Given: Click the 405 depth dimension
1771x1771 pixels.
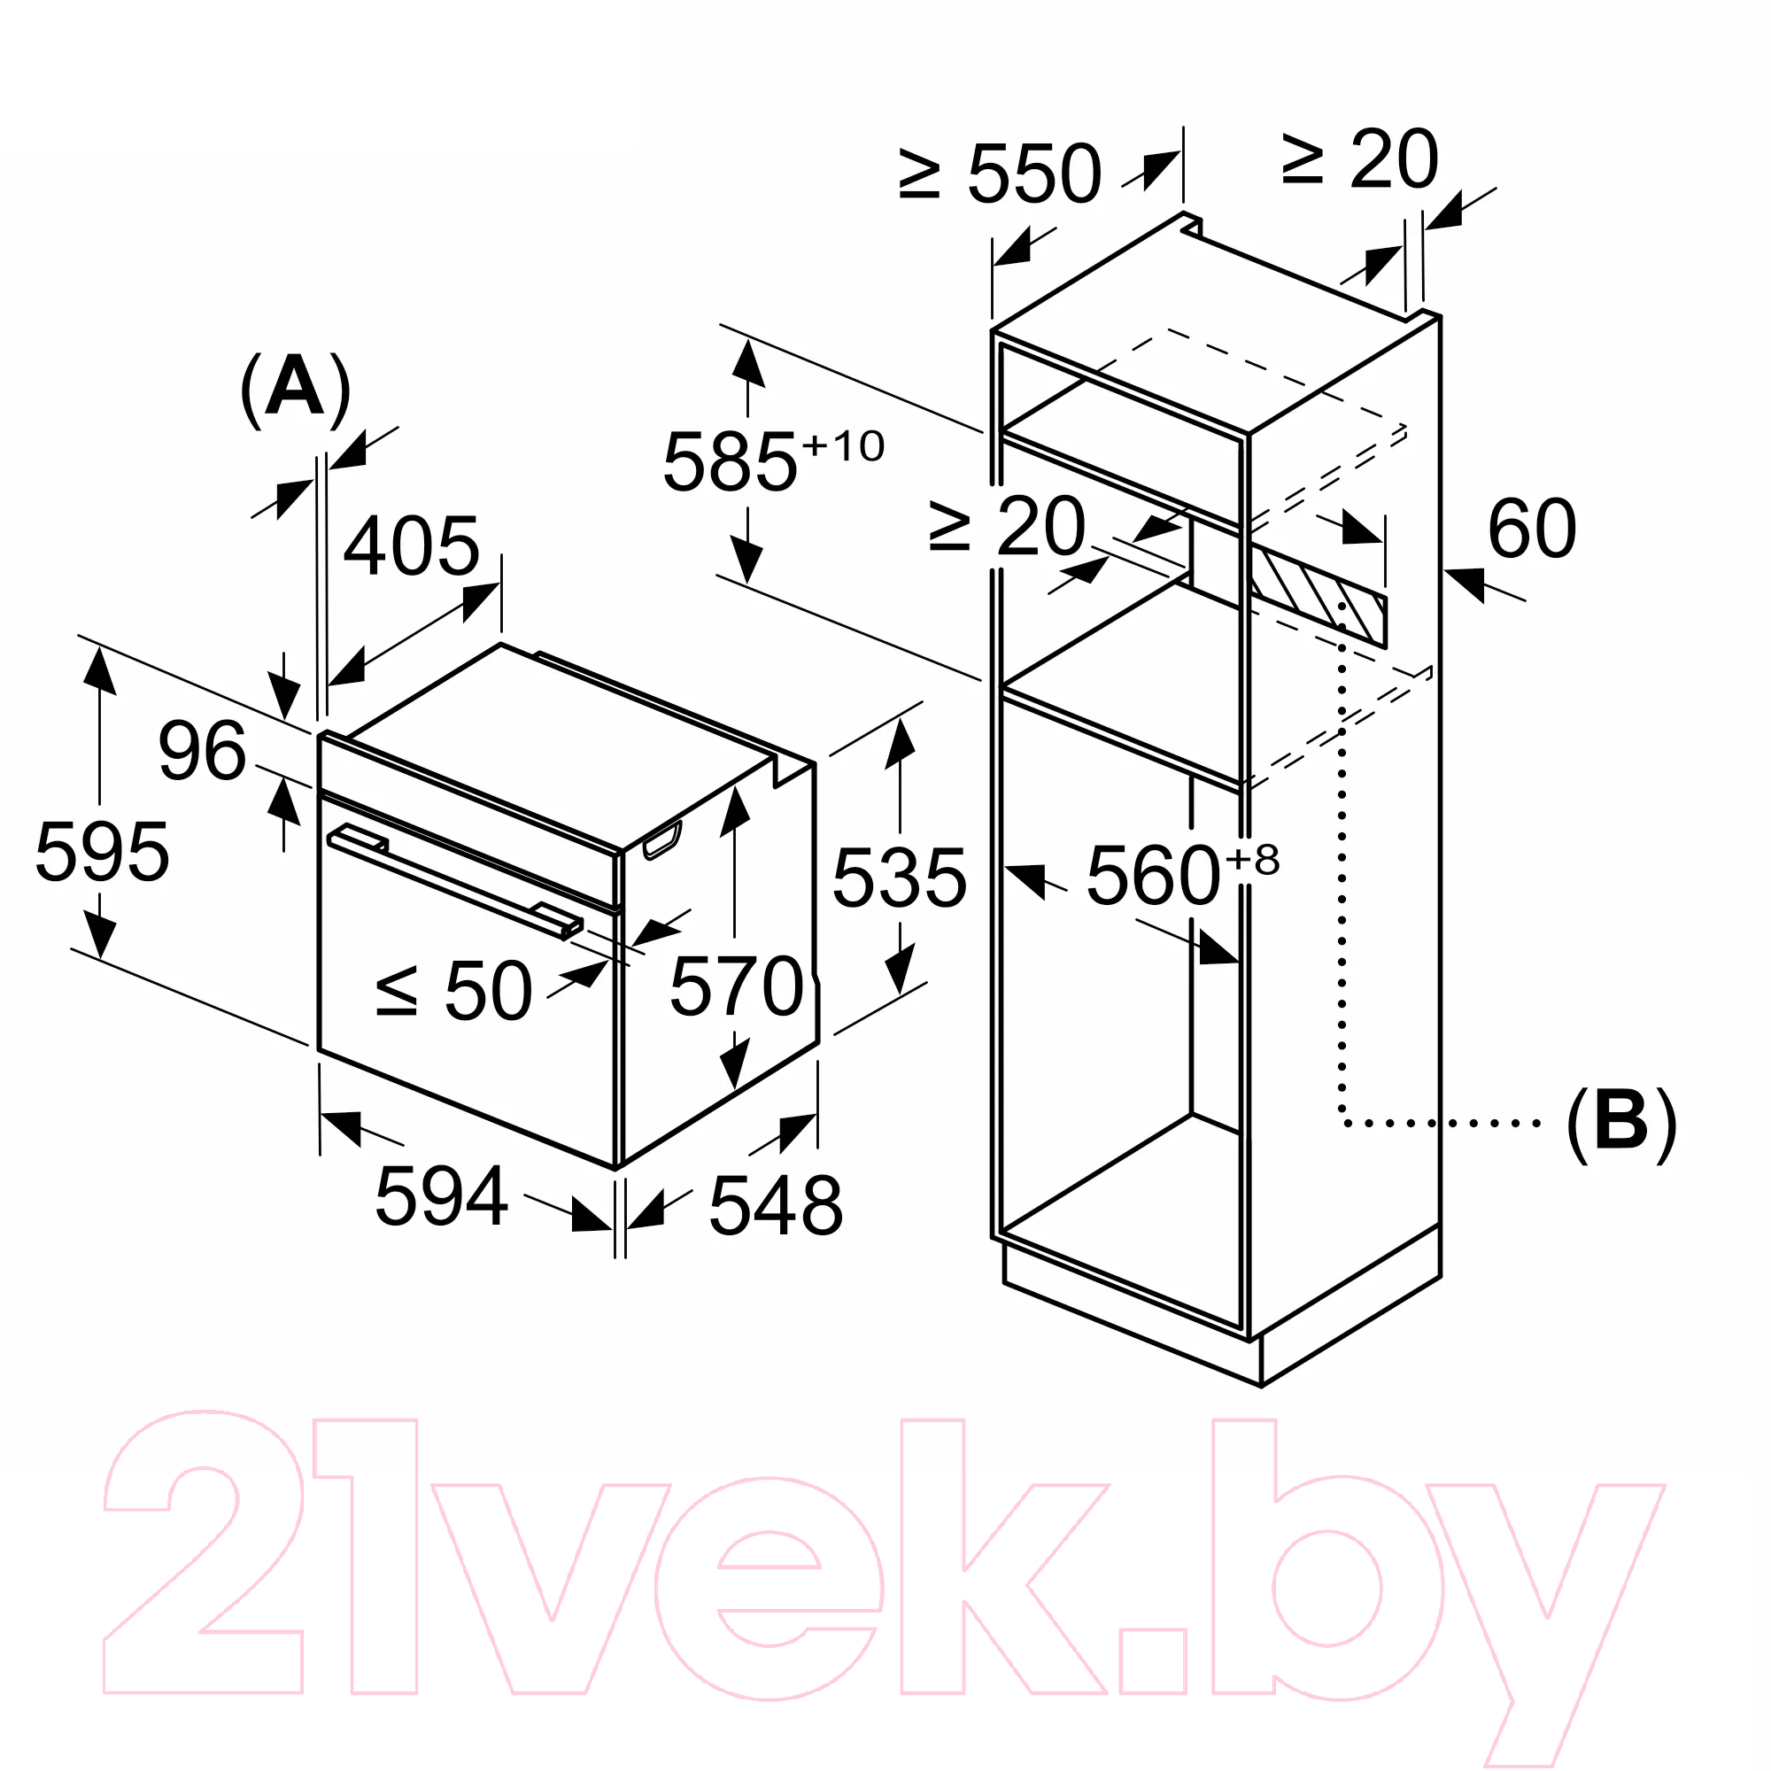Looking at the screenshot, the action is click(412, 546).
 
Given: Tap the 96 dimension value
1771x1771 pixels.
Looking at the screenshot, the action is click(203, 751).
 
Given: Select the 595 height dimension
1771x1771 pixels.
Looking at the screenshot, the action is click(102, 852).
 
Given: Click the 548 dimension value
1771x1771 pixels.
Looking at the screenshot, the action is click(776, 1206).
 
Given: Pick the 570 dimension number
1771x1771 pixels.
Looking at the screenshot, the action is click(737, 986).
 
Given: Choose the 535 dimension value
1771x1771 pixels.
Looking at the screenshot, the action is click(900, 878).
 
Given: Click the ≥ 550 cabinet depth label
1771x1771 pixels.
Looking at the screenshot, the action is click(1000, 174).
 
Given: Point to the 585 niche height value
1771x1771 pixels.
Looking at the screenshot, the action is click(730, 462).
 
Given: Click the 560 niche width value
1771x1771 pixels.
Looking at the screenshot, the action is click(1153, 876).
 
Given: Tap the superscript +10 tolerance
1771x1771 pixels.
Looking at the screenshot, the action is click(843, 446).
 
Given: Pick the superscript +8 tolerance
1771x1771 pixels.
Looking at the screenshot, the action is click(1252, 860).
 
